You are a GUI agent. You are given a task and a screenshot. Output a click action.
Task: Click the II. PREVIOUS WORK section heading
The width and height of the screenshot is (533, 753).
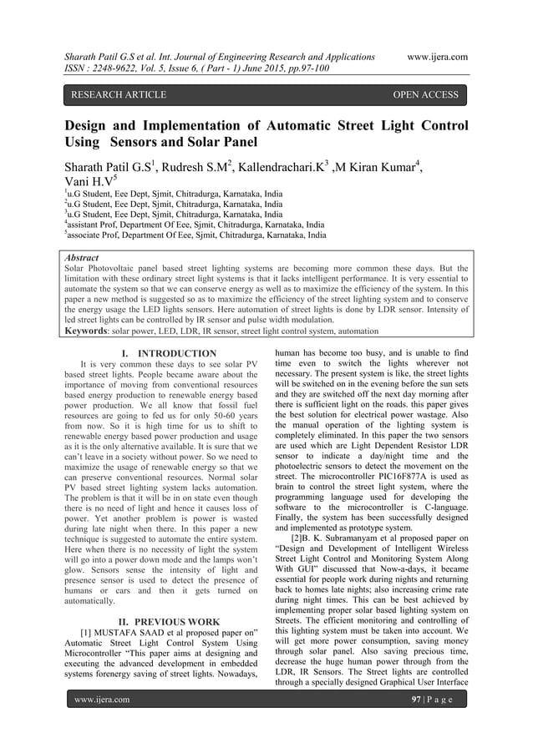coord(169,621)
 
